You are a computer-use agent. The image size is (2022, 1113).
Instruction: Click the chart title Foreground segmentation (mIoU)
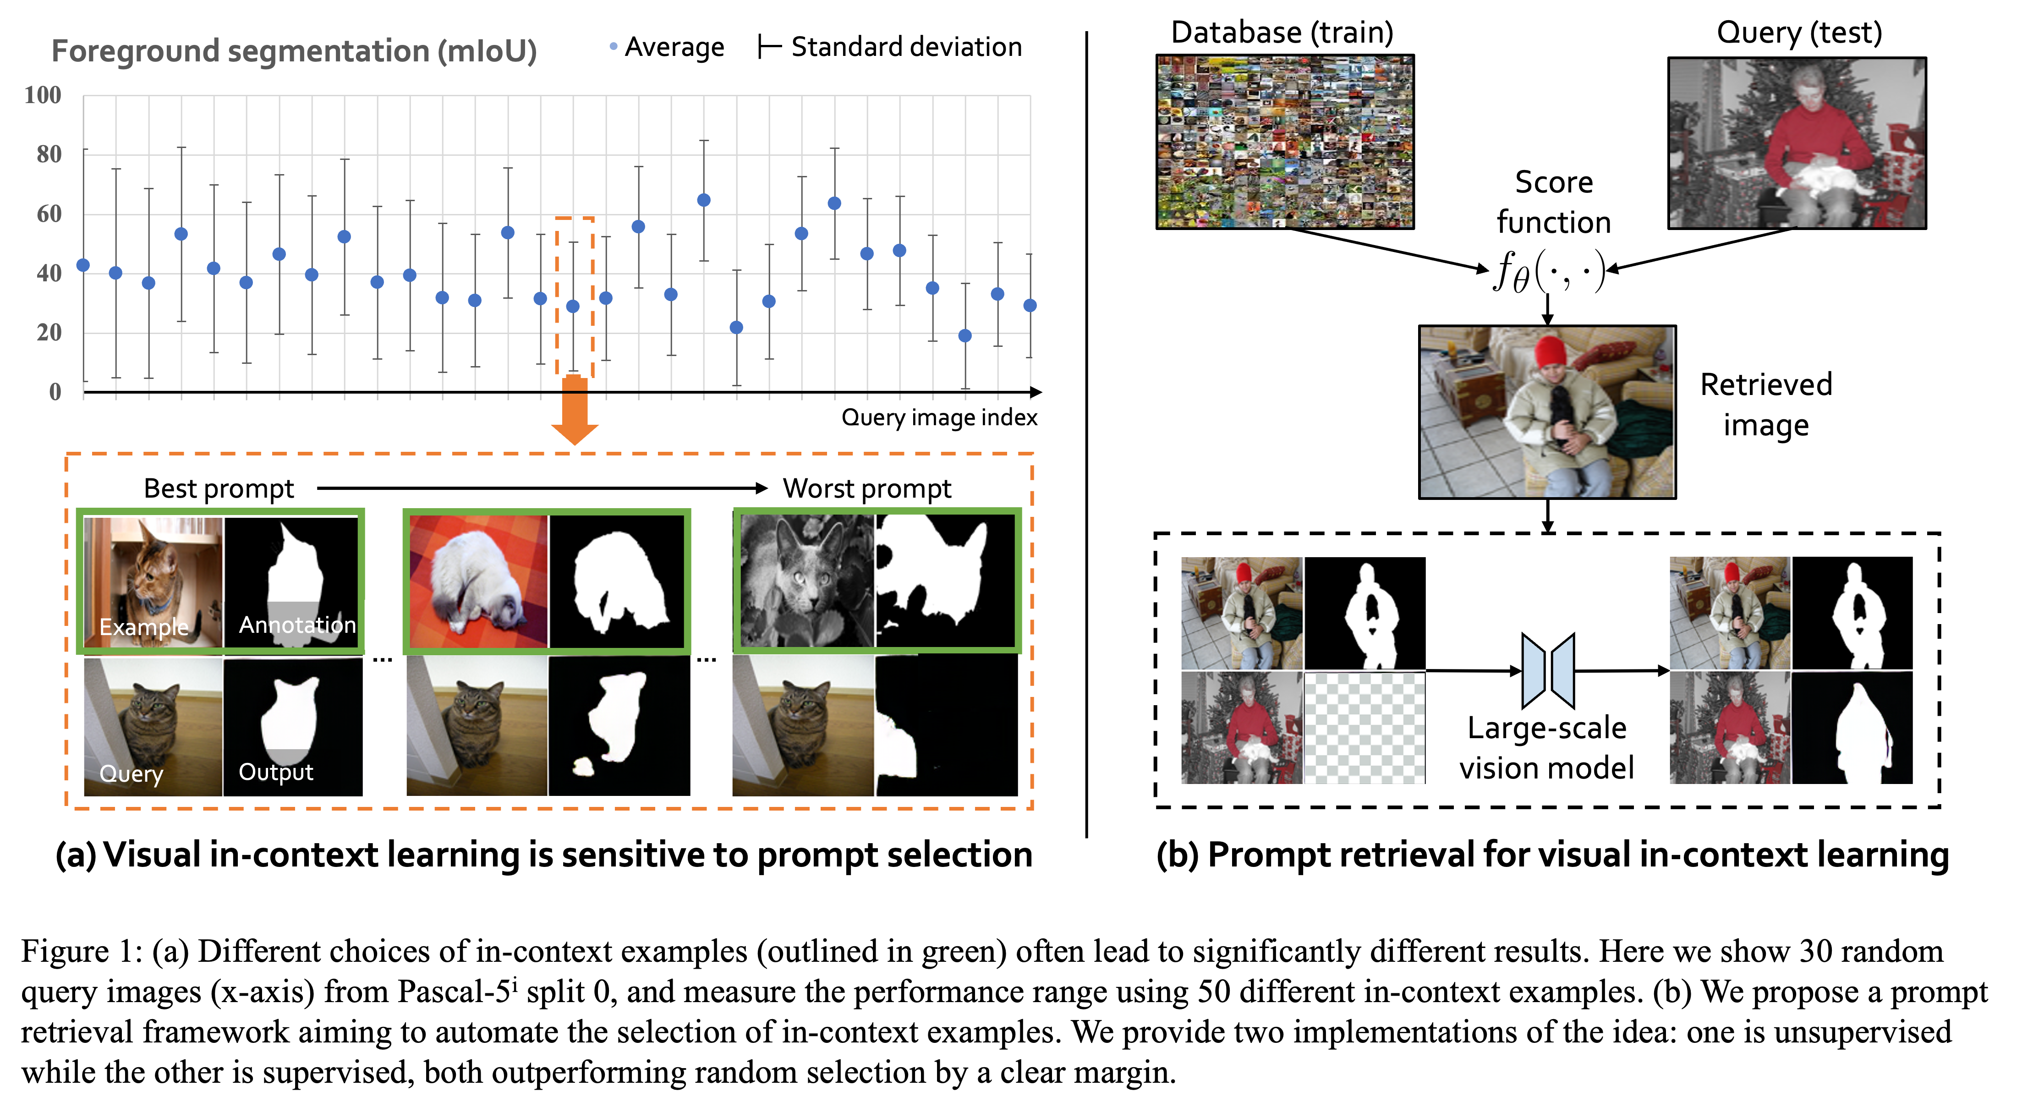click(x=294, y=52)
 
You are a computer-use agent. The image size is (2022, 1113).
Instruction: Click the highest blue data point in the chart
click(x=703, y=200)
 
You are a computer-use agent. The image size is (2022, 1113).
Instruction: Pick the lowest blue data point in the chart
click(x=964, y=336)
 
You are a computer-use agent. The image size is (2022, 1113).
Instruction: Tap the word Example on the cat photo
click(x=144, y=627)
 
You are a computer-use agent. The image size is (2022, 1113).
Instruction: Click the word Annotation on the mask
click(x=297, y=625)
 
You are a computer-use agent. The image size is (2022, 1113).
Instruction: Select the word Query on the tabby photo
click(x=131, y=774)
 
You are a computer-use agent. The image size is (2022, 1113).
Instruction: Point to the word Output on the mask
click(x=275, y=773)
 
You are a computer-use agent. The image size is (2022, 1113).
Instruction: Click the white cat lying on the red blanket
click(x=479, y=581)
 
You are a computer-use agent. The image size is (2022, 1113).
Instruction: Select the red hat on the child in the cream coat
click(x=1550, y=351)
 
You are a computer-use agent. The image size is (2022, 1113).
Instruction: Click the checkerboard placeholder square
click(x=1364, y=728)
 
